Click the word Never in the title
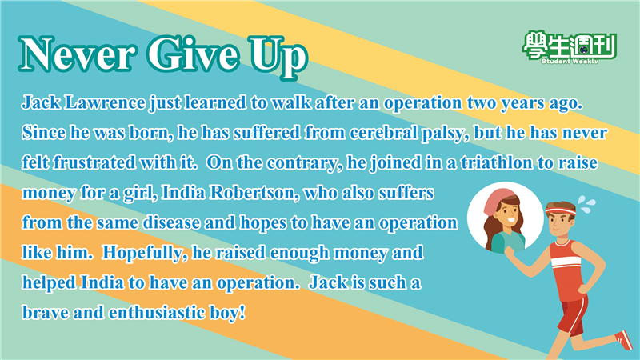pyautogui.click(x=76, y=54)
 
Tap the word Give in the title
pyautogui.click(x=192, y=54)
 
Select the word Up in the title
pyautogui.click(x=277, y=57)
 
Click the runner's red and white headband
pyautogui.click(x=560, y=211)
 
